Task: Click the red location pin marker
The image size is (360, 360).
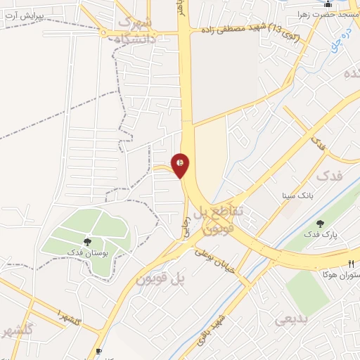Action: click(x=181, y=165)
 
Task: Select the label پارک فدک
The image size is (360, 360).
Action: click(x=320, y=234)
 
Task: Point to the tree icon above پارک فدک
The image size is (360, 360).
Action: click(x=320, y=224)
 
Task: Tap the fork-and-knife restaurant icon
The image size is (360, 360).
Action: click(x=352, y=263)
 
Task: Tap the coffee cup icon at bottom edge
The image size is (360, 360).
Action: click(x=98, y=352)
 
